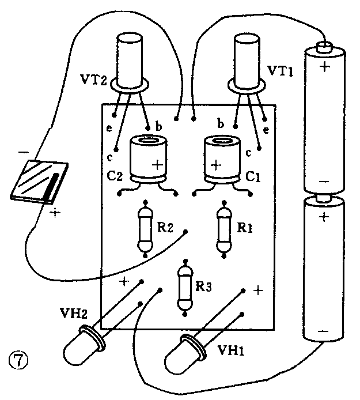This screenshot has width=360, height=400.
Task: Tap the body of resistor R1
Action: click(223, 229)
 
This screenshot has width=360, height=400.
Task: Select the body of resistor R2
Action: click(146, 229)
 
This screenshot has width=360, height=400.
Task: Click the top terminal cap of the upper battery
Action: click(326, 45)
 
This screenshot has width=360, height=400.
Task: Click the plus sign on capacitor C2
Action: click(157, 164)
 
